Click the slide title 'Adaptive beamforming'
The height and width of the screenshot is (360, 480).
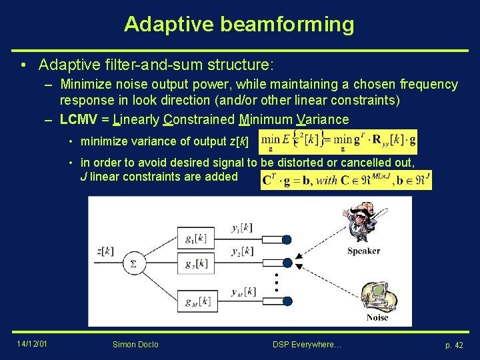pos(239,25)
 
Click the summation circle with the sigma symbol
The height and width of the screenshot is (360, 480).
pos(133,263)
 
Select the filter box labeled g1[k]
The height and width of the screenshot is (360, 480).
pos(195,238)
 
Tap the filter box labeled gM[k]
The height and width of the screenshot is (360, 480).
pos(195,301)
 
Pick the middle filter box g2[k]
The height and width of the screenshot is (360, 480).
pos(195,263)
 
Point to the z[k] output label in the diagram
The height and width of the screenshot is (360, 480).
pos(105,251)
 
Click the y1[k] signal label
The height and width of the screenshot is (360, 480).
pos(241,228)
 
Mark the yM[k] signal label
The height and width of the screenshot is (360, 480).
pos(242,291)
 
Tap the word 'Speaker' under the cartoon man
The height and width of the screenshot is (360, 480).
pos(363,251)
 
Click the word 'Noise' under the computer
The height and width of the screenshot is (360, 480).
pos(377,317)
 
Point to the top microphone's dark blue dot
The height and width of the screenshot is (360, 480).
pos(287,238)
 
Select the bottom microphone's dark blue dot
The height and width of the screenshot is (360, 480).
pos(287,301)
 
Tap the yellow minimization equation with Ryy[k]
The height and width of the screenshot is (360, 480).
pos(338,141)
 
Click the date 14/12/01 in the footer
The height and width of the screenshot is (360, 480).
pos(31,344)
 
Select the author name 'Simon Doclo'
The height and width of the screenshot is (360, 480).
pos(136,345)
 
